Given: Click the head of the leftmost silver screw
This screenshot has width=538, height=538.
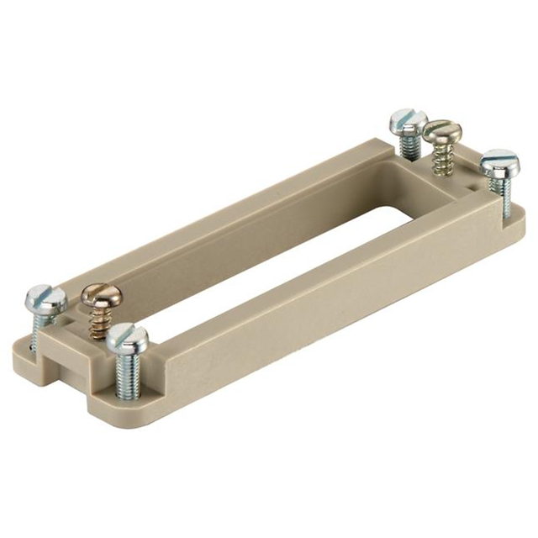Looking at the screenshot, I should point(45,297).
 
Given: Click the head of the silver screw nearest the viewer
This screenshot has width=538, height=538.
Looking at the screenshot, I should point(128,338).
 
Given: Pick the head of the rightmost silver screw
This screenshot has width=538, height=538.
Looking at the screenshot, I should point(499,160).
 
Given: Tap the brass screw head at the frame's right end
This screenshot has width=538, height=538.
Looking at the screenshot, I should point(441,131).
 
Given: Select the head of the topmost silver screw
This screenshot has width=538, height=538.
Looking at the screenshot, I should point(409,121).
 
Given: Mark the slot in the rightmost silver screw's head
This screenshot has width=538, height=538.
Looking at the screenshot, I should point(501,157).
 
